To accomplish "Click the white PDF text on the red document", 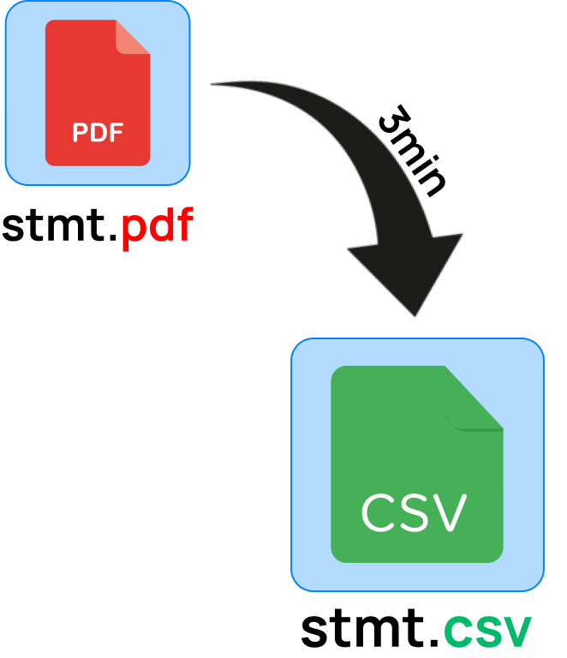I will [98, 133].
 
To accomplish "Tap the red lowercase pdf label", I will [157, 226].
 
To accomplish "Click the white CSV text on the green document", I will [414, 512].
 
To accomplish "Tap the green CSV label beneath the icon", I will [487, 633].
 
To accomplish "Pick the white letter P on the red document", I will [81, 133].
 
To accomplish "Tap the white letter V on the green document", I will [449, 512].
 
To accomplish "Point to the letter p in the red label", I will [133, 230].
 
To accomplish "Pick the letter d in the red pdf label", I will [158, 225].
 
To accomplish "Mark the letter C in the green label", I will [458, 633].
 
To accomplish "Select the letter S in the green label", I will [487, 633].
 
